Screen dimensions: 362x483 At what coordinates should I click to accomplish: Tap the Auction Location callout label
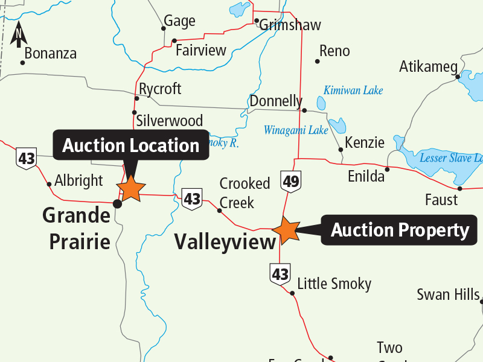(x=131, y=145)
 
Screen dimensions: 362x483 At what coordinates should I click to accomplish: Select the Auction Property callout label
(x=400, y=230)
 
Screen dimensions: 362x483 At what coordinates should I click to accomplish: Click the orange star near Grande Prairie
(x=131, y=188)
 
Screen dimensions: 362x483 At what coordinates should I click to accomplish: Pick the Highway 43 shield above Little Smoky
(x=280, y=275)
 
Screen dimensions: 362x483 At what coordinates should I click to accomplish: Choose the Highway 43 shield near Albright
(x=27, y=159)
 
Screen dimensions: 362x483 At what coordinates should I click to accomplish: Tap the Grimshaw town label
(x=290, y=25)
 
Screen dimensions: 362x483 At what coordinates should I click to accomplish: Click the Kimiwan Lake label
(x=353, y=91)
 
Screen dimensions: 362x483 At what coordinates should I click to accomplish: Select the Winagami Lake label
(x=296, y=130)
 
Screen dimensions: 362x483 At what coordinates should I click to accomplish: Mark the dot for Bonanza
(x=23, y=62)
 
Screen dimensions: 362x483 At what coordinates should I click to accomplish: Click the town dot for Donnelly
(x=304, y=110)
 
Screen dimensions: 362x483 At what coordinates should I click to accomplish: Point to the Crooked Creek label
(x=245, y=192)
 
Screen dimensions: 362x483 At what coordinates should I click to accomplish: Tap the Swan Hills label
(x=448, y=295)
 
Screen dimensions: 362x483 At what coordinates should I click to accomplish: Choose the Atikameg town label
(x=428, y=67)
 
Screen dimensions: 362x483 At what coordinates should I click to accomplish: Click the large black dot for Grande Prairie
(x=118, y=204)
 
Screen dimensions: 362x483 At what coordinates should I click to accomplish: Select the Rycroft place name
(x=160, y=89)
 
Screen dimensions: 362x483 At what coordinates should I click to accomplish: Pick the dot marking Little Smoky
(x=292, y=294)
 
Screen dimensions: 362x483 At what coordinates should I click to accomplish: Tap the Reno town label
(x=334, y=51)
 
